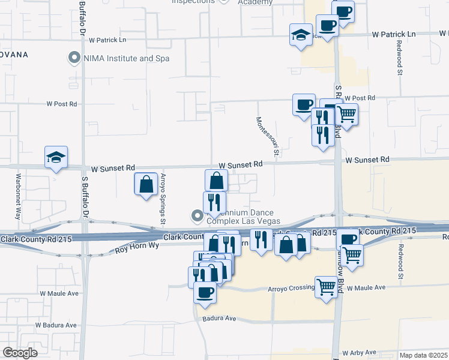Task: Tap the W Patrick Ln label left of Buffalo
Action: [107, 40]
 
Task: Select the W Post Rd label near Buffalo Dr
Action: [62, 104]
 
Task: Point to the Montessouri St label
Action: [268, 137]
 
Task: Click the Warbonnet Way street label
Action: [19, 197]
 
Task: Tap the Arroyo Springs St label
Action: [163, 199]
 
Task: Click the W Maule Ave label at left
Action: [59, 293]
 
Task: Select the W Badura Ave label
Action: [56, 325]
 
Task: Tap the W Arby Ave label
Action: [359, 353]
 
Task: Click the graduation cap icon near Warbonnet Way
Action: [56, 158]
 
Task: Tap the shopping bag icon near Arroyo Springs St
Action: [146, 184]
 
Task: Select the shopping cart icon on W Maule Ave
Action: [326, 286]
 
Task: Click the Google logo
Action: [20, 352]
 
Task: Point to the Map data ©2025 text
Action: [423, 355]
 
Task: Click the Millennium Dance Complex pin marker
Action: [196, 215]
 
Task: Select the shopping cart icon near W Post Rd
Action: [347, 113]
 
